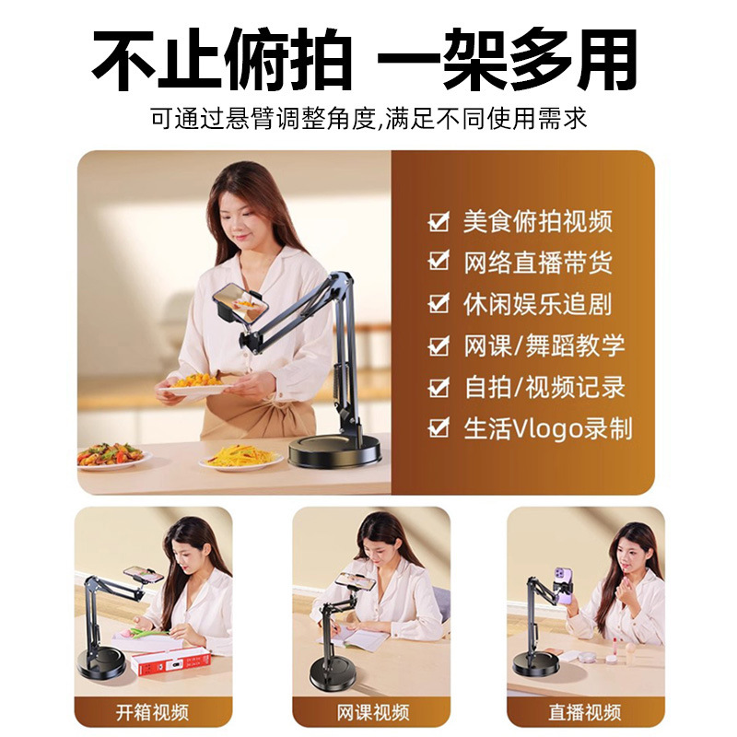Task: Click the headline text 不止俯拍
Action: [222, 59]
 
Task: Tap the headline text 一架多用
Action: [508, 59]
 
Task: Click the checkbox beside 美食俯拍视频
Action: [439, 221]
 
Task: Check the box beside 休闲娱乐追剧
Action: [439, 303]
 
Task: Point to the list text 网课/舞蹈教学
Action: [544, 345]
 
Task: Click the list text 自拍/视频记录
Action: [544, 387]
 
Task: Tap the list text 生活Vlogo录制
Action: [548, 428]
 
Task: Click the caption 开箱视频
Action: [152, 712]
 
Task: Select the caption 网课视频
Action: [373, 712]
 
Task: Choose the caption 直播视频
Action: [585, 712]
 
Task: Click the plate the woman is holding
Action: [195, 389]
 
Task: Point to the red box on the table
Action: [170, 662]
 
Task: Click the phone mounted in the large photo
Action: [240, 303]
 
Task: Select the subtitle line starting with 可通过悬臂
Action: [368, 118]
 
